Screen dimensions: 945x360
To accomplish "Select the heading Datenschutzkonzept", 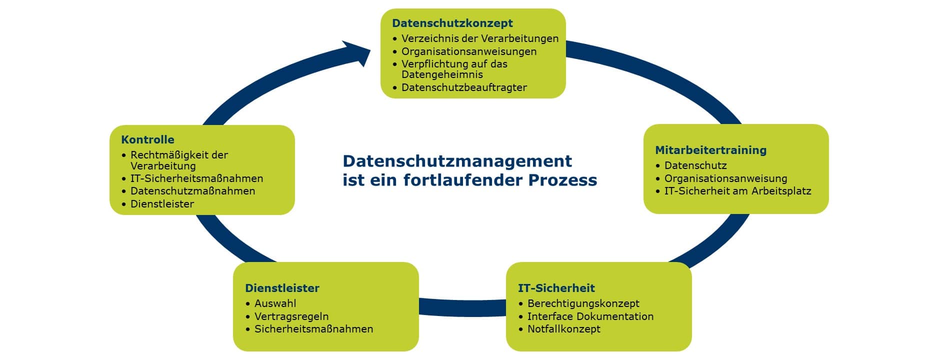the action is pos(452,23).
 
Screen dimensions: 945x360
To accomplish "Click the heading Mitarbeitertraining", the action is pos(710,150).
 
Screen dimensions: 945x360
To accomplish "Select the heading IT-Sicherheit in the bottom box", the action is pos(556,288).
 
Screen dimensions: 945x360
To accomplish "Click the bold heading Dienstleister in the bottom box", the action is pos(282,288).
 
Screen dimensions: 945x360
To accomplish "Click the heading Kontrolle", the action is pos(147,139).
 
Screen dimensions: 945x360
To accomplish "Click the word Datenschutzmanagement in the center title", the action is pos(457,161).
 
